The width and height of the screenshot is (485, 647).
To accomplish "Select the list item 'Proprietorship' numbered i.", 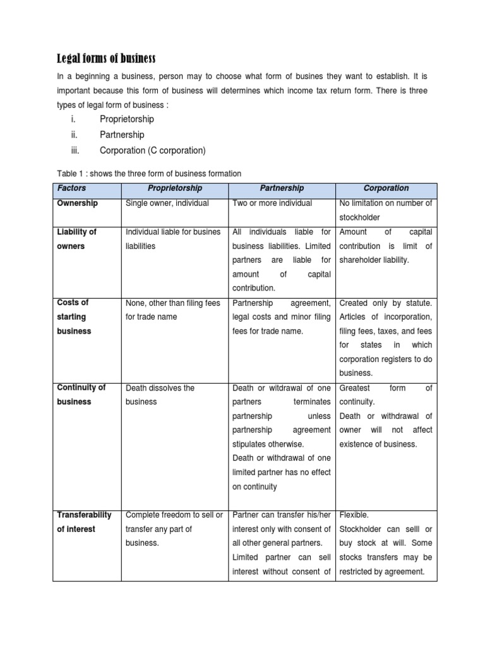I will tap(126, 119).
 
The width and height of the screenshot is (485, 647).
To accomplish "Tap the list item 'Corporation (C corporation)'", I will tap(152, 150).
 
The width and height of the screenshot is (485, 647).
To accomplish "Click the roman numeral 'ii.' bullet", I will tap(74, 135).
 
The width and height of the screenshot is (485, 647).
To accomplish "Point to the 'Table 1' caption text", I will tap(145, 173).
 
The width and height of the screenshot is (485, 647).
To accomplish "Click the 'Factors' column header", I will tap(71, 188).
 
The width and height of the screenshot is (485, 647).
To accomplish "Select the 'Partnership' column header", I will tap(282, 188).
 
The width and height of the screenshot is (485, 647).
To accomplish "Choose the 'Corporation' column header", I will tap(386, 188).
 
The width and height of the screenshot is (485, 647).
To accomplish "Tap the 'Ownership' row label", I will tap(78, 203).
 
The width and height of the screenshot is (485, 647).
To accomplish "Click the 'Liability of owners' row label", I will tap(76, 239).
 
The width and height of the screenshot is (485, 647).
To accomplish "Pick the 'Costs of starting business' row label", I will tap(74, 317).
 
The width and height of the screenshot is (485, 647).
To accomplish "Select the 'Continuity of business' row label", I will tap(81, 394).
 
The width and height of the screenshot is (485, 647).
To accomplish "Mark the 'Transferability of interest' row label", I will tap(84, 521).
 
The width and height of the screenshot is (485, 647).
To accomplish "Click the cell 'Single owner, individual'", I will tap(167, 203).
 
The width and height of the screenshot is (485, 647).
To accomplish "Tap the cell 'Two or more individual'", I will tap(272, 203).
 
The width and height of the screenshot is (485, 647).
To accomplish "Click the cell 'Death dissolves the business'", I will tap(160, 394).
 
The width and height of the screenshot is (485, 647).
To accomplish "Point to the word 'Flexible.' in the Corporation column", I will tap(354, 514).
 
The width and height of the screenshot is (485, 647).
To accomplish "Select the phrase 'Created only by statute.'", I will tap(386, 303).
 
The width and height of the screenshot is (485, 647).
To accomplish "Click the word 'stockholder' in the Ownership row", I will tap(359, 218).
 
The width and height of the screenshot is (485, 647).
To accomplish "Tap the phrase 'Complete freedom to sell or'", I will tap(174, 514).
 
